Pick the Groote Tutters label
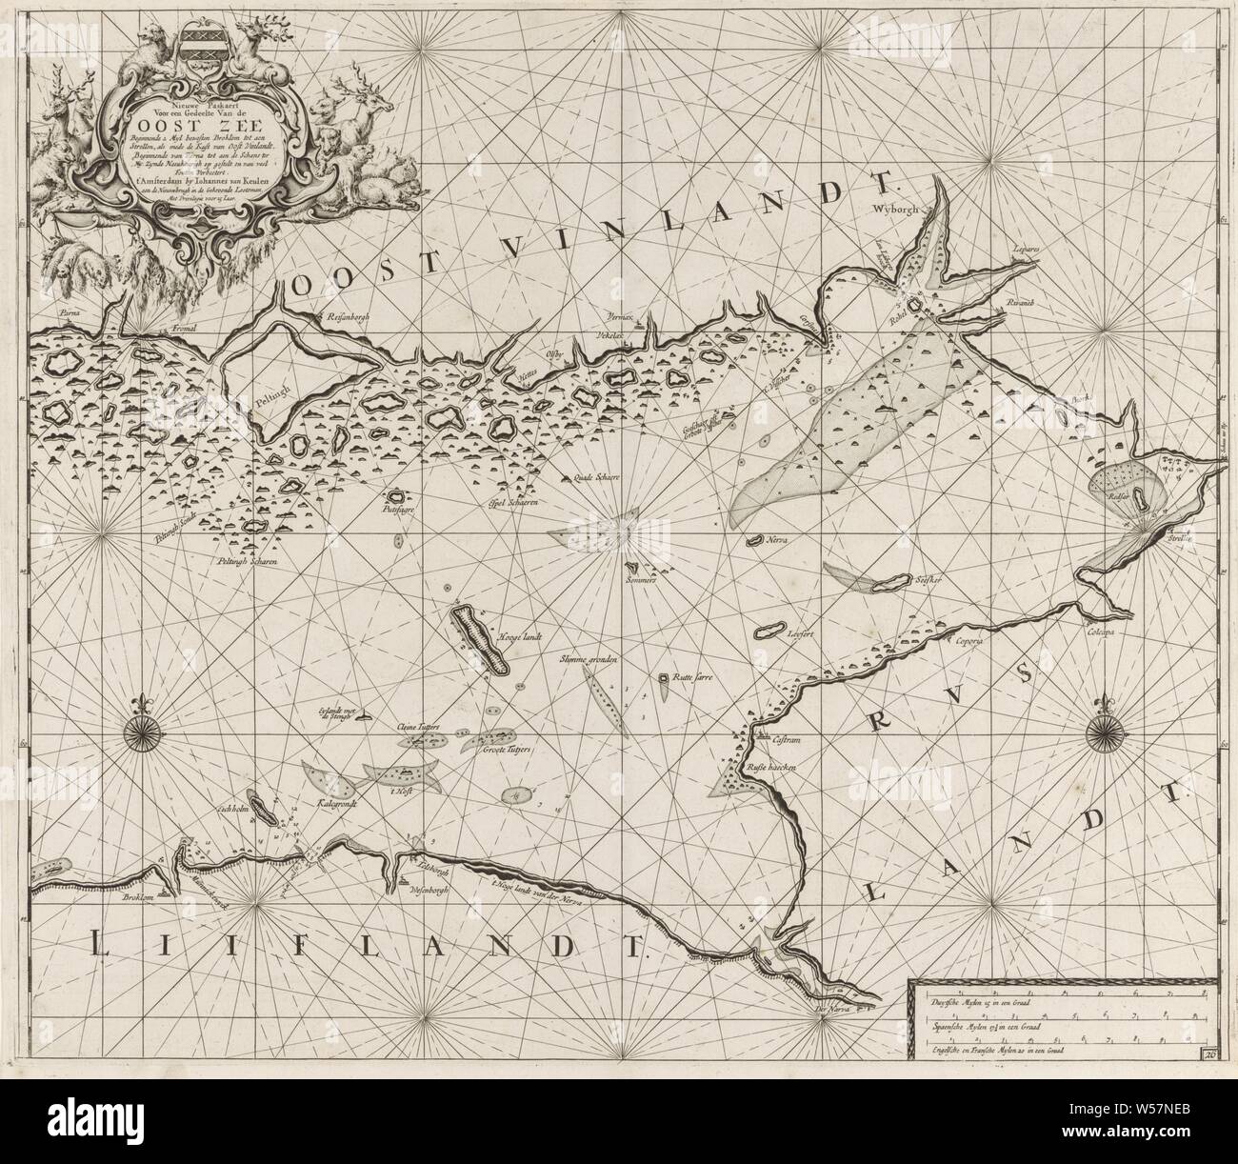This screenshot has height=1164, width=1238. click(508, 750)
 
